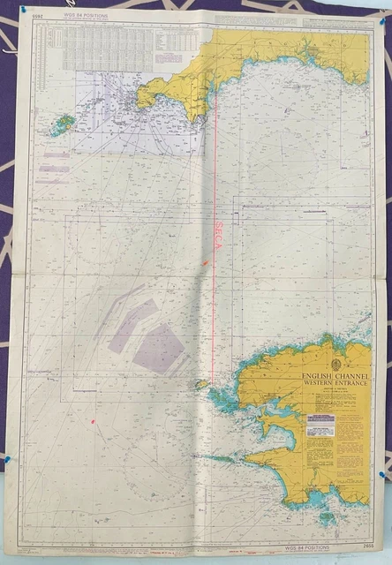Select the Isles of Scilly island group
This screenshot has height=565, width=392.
pyautogui.click(x=62, y=125)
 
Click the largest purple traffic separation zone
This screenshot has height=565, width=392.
pyautogui.click(x=159, y=347)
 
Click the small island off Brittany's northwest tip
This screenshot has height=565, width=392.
pyautogui.click(x=202, y=384)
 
